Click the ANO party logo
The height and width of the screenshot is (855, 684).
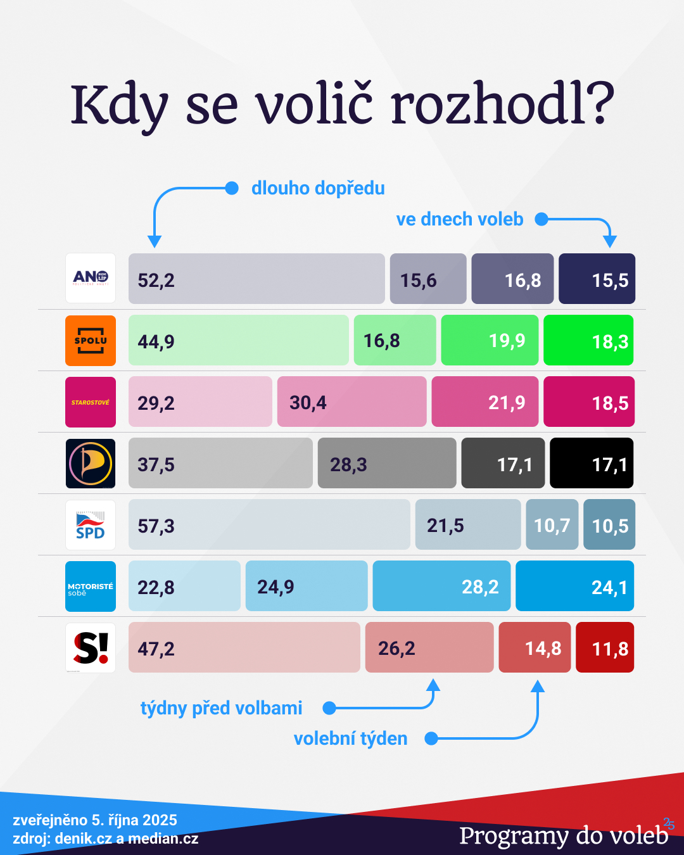[x=91, y=278]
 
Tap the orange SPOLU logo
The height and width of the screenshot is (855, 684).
[x=91, y=340]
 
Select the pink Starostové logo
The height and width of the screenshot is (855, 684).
[x=91, y=402]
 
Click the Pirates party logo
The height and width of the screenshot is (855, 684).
[x=91, y=463]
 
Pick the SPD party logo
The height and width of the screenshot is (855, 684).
[x=91, y=524]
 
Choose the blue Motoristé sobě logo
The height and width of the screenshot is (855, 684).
[x=91, y=586]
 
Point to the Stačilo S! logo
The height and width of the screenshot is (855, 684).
[x=91, y=647]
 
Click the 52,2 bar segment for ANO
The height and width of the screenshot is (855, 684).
[x=256, y=279]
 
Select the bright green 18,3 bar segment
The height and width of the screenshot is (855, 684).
[x=588, y=340]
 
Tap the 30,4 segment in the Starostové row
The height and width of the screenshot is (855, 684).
[x=351, y=402]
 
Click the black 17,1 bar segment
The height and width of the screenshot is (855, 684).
[x=592, y=463]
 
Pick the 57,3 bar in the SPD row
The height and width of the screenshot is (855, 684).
[x=269, y=524]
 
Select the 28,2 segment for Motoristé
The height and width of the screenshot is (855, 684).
[x=441, y=586]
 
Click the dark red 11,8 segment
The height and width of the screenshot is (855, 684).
[x=605, y=647]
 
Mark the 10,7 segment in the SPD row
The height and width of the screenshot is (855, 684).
[x=552, y=524]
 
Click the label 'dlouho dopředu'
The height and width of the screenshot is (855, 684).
[x=318, y=188]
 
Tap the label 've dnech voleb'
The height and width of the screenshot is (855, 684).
[x=460, y=219]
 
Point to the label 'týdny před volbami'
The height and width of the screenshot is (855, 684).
[x=221, y=707]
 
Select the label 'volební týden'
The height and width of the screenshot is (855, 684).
[x=350, y=738]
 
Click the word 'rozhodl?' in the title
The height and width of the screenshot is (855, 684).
[x=502, y=104]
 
